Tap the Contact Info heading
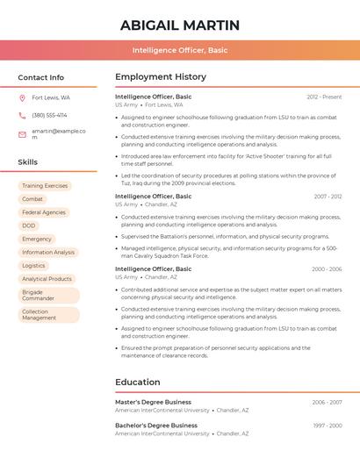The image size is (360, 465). [x=41, y=77]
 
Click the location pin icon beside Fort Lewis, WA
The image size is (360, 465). [x=22, y=98]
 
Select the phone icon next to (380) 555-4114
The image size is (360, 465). [x=22, y=115]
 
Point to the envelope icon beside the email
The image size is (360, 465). [x=22, y=133]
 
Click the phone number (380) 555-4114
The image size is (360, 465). [x=49, y=115]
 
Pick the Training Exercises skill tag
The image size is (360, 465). [x=45, y=186]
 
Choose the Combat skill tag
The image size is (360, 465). [x=32, y=199]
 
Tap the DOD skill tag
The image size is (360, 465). [x=29, y=225]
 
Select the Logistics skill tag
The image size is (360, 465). [x=33, y=265]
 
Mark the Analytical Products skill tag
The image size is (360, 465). [x=47, y=279]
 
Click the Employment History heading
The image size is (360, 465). [x=161, y=77]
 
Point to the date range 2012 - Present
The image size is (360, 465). [x=324, y=97]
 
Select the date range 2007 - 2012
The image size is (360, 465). [x=328, y=197]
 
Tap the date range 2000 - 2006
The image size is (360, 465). [x=327, y=269]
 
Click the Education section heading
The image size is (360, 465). [x=138, y=383]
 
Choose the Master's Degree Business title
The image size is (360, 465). [x=153, y=402]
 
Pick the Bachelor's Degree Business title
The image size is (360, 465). [x=156, y=426]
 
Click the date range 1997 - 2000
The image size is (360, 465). [x=328, y=426]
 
